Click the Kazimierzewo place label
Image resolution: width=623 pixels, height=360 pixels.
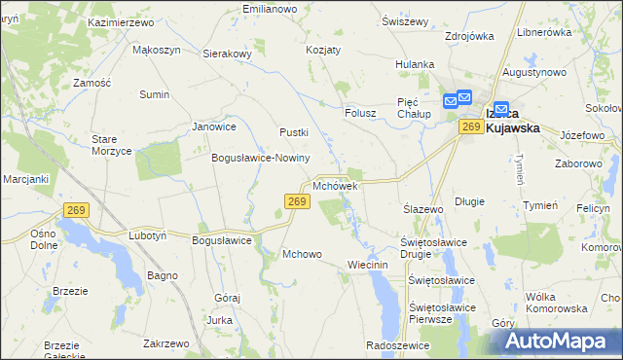click(122, 21)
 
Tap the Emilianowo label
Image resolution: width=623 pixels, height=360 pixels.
click(270, 9)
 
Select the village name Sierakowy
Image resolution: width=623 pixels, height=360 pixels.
click(228, 54)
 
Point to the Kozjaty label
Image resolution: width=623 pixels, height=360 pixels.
click(323, 49)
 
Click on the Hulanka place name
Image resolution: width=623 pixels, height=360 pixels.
click(415, 64)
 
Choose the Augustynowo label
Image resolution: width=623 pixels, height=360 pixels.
click(535, 73)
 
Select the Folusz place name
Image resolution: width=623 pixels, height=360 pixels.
click(360, 113)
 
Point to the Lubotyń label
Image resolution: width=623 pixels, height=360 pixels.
click(148, 235)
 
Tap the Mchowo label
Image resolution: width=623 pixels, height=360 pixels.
click(302, 255)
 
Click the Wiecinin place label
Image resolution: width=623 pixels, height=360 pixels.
click(368, 265)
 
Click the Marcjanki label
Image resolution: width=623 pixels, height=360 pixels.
click(25, 178)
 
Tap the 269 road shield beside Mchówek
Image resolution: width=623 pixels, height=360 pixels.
click(298, 201)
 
